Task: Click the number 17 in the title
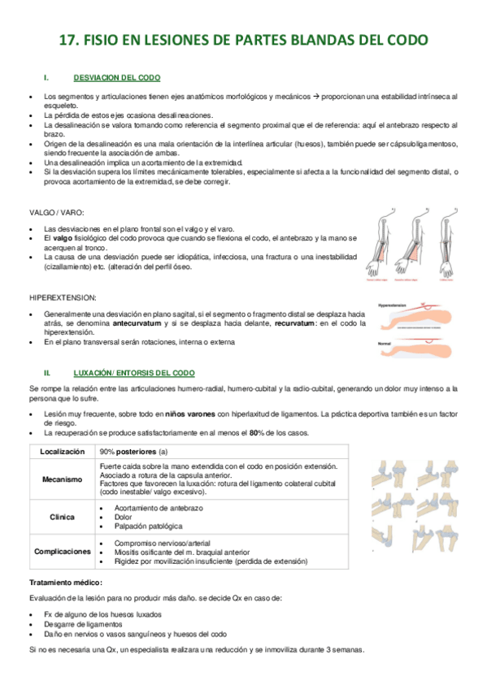pyautogui.click(x=72, y=40)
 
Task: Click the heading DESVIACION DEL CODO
pyautogui.click(x=116, y=77)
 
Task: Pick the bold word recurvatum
pyautogui.click(x=295, y=323)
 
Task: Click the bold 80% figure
pyautogui.click(x=259, y=433)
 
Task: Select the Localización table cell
pyautogui.click(x=62, y=451)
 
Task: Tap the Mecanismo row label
pyautogui.click(x=62, y=479)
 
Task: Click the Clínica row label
pyautogui.click(x=62, y=517)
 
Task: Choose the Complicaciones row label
pyautogui.click(x=62, y=551)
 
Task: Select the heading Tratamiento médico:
pyautogui.click(x=66, y=583)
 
